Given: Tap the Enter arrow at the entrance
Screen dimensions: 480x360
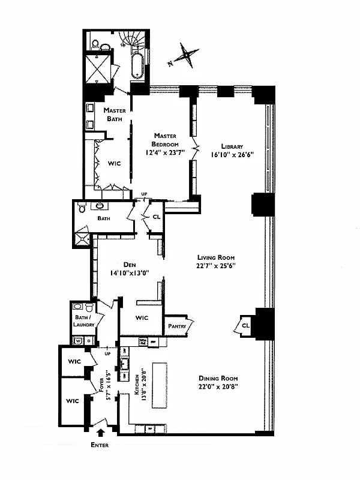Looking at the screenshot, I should (x=100, y=430).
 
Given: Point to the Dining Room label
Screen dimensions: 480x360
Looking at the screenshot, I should (x=218, y=378).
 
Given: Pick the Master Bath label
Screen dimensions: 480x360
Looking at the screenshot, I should (x=113, y=115).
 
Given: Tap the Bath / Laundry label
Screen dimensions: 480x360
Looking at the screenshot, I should (x=83, y=321).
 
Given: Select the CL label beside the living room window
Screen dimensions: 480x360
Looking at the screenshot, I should (x=245, y=325).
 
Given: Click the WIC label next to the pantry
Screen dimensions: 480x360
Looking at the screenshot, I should (x=142, y=318).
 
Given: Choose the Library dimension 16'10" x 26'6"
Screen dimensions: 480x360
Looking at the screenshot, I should (x=230, y=154).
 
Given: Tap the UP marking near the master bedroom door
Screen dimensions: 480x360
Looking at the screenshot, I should (x=144, y=193).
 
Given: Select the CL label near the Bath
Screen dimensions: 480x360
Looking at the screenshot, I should (x=156, y=217).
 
